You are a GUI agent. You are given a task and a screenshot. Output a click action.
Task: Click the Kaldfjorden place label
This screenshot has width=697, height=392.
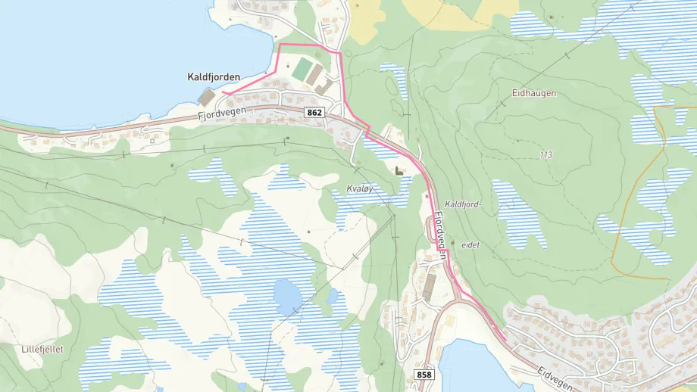[214, 76]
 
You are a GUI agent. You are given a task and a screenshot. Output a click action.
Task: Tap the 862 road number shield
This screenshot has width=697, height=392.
[315, 112]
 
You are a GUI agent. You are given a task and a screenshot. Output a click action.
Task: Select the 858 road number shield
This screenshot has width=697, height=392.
[424, 375]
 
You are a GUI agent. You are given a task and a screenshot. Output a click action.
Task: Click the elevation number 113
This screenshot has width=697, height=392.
[545, 155]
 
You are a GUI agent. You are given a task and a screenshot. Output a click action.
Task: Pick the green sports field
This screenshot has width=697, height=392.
[303, 71]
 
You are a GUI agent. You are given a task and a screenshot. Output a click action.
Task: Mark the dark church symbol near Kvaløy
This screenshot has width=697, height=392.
[399, 171]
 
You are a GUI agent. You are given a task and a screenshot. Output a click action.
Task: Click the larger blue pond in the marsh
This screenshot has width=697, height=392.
[287, 297]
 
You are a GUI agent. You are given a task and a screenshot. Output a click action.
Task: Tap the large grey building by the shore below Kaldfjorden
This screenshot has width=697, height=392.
[206, 98]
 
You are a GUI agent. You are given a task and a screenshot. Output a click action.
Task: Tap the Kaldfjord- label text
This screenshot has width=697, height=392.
[464, 204]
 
